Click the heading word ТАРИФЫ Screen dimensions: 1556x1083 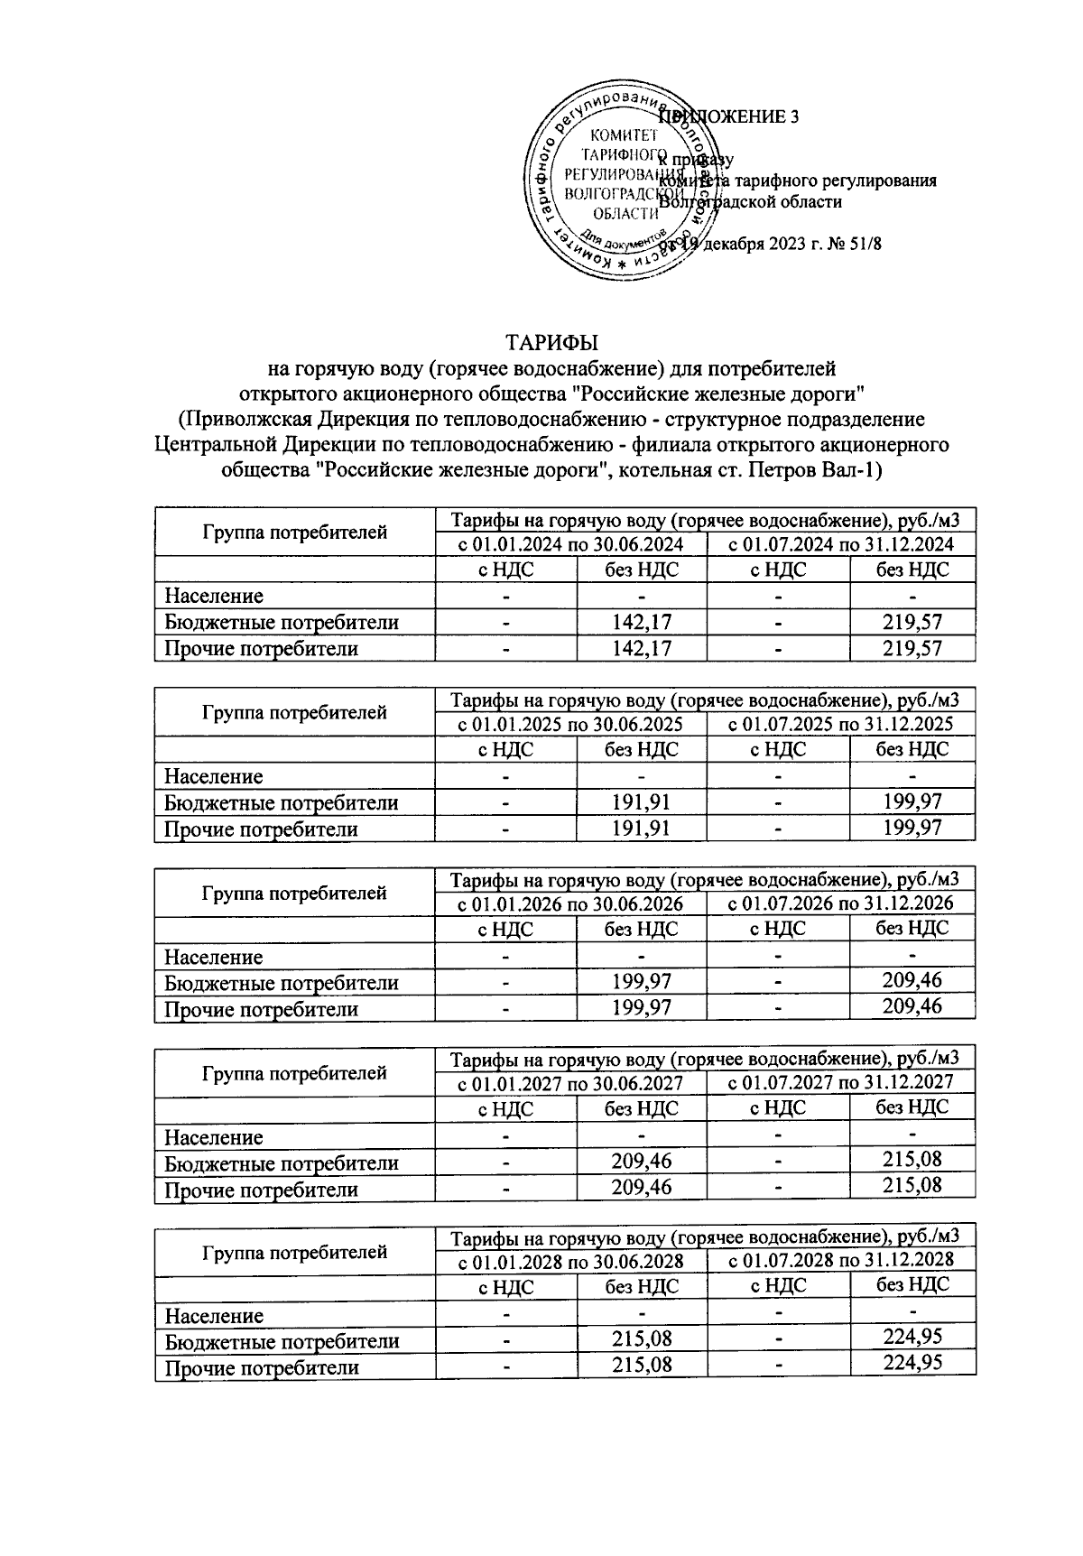552,343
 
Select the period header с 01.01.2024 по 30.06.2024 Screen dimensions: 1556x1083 569,544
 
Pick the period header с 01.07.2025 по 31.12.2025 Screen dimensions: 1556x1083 840,724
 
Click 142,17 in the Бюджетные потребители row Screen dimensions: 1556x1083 641,622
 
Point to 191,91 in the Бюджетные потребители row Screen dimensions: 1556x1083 641,802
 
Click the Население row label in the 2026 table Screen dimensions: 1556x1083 214,957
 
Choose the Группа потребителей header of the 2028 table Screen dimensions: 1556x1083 295,1252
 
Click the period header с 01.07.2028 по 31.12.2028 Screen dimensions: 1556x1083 840,1260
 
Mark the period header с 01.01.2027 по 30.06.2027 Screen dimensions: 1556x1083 569,1082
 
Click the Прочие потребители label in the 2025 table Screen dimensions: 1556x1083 261,829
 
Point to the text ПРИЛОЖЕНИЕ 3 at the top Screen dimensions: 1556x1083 740,116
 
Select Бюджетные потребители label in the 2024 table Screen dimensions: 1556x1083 281,622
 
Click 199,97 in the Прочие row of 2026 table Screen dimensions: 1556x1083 641,1007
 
